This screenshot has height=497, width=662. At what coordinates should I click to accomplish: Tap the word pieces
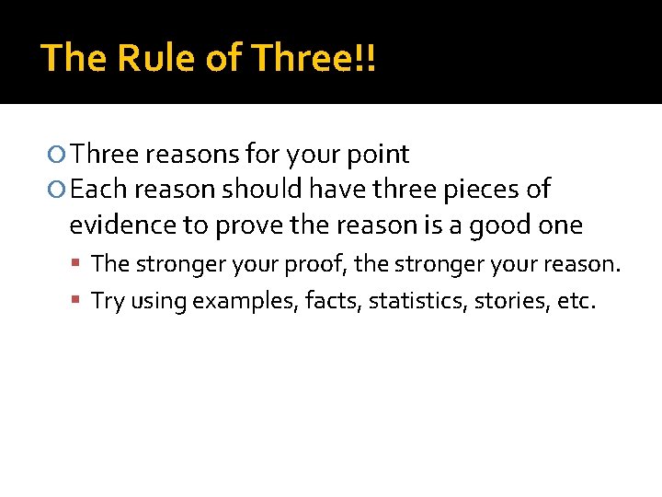(x=478, y=190)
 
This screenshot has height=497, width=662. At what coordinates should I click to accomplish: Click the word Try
(x=108, y=301)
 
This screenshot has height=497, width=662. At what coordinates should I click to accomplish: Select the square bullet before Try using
(x=79, y=302)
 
